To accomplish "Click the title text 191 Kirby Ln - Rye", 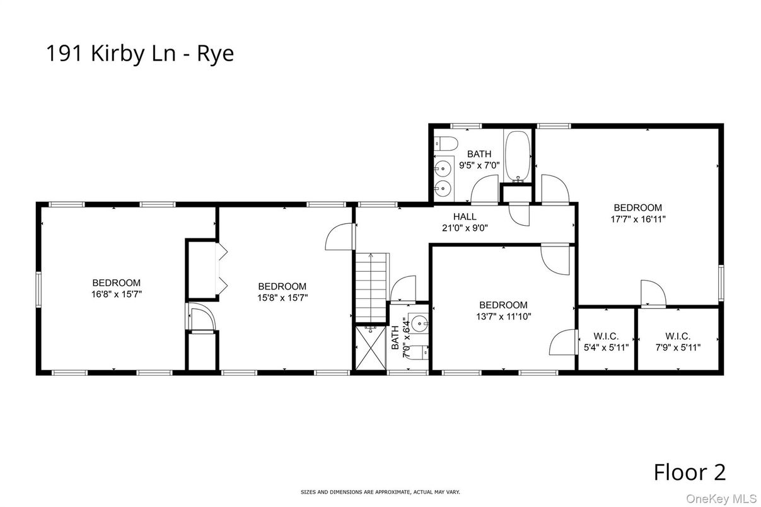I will [x=139, y=54].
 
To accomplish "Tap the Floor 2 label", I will [x=689, y=472].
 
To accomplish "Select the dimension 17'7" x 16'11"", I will [x=637, y=219].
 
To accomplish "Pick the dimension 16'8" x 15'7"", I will [x=116, y=294].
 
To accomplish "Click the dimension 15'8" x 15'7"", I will [x=282, y=297].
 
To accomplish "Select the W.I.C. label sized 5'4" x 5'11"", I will [x=606, y=347].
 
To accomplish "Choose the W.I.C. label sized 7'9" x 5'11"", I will [x=678, y=347].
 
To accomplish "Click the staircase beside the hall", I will [x=370, y=287].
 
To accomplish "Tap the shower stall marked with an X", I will [x=370, y=347].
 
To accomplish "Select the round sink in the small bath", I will [x=418, y=323].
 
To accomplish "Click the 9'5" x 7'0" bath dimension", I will [x=479, y=165].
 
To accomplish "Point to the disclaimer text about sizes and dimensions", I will [x=380, y=491].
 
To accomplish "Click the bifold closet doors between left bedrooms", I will [x=221, y=268].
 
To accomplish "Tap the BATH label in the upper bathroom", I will [x=479, y=154].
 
